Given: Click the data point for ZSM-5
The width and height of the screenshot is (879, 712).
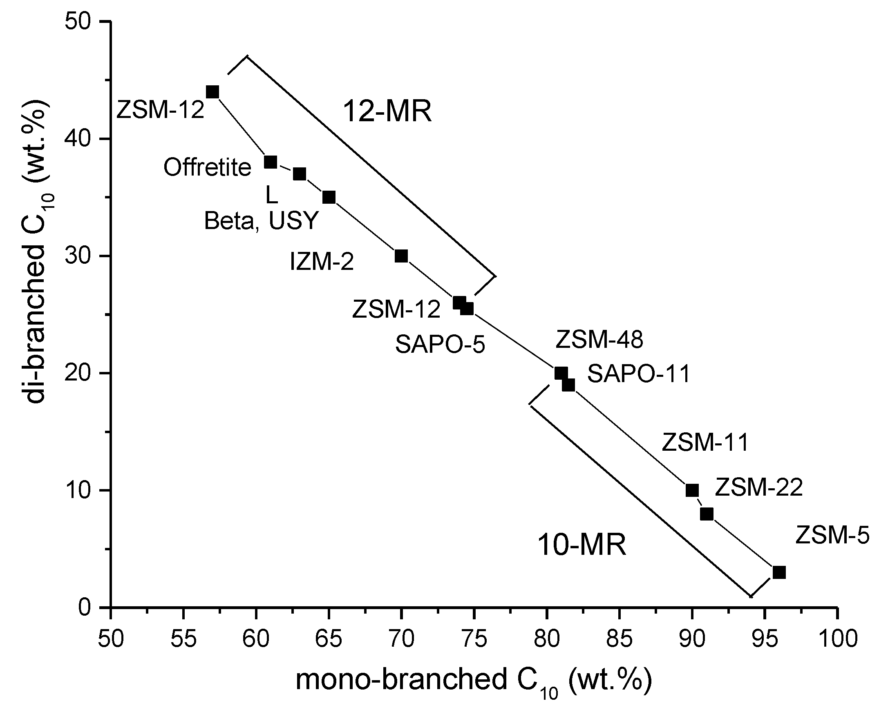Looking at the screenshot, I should [x=779, y=572].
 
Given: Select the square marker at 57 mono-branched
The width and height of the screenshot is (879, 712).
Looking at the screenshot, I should [x=212, y=92].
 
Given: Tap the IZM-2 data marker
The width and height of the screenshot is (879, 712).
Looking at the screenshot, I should [x=401, y=256].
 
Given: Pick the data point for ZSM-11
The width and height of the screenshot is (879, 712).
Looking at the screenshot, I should [x=692, y=490].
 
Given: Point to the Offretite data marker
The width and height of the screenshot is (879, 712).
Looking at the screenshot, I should [x=270, y=162].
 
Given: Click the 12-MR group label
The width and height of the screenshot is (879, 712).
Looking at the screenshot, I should [x=387, y=111].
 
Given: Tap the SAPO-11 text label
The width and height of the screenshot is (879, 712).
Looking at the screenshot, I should [x=638, y=374].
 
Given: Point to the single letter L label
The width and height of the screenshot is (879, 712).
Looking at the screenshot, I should [x=272, y=196].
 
